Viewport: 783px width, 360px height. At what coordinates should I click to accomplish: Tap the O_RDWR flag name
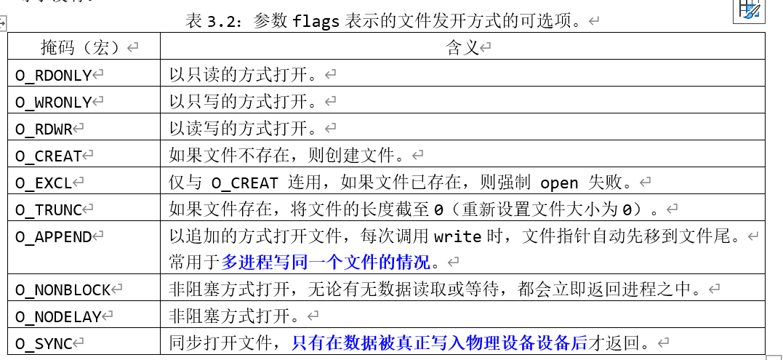pos(44,129)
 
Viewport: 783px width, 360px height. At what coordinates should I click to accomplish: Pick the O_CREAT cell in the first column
pos(49,156)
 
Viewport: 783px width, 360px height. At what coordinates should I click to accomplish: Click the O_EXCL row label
pos(44,183)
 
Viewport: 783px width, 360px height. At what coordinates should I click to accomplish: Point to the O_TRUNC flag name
pos(49,210)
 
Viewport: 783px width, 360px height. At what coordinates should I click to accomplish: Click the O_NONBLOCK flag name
pos(63,289)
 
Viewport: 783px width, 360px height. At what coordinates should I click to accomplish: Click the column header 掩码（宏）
pos(84,48)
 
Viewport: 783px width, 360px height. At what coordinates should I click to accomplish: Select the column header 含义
pos(462,48)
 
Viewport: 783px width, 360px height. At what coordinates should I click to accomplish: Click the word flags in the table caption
pos(316,21)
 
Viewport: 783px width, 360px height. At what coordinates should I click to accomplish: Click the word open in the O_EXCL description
pos(559,183)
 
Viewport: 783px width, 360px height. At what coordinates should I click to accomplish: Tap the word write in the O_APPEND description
pos(458,236)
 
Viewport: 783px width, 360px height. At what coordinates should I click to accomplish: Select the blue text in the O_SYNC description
pos(439,343)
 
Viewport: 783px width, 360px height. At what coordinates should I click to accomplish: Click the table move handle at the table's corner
pos(2,25)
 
